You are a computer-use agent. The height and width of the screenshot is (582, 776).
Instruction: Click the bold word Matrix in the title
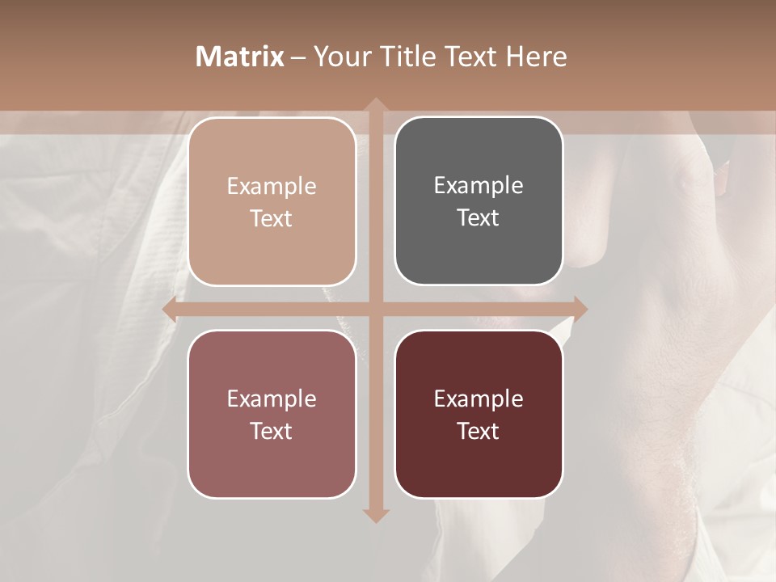(x=240, y=57)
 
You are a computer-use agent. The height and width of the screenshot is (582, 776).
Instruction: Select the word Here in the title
(x=537, y=57)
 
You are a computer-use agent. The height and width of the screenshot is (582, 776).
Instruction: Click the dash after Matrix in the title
(x=298, y=57)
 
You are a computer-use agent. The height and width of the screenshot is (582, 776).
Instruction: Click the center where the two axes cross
(x=376, y=308)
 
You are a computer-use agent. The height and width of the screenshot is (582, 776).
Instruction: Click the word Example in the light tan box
(x=272, y=187)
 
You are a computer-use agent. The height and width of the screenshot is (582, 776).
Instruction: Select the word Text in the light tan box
(x=272, y=218)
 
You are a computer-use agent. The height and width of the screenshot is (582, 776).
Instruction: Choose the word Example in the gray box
(x=479, y=186)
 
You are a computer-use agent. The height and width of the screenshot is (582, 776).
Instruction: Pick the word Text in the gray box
(x=479, y=217)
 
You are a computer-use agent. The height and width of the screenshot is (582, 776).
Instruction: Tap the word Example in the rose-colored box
(x=272, y=399)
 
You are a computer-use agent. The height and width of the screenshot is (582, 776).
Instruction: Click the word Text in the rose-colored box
(x=272, y=431)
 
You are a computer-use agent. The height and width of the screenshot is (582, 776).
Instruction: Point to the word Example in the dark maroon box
(x=479, y=399)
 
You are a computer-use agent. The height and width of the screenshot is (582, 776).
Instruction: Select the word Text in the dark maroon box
(x=479, y=431)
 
